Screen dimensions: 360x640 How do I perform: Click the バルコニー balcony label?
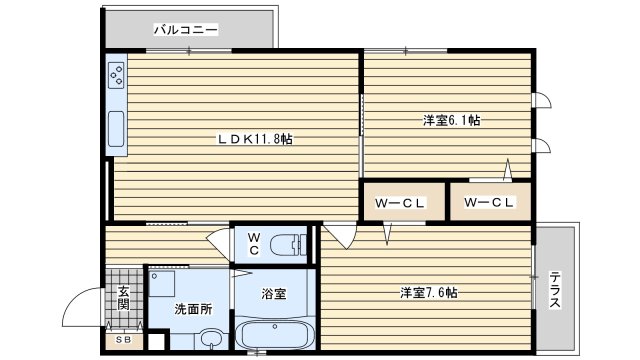[x=185, y=30]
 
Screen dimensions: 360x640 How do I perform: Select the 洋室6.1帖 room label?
[x=450, y=121]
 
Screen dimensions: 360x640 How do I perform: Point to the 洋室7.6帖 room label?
[x=429, y=293]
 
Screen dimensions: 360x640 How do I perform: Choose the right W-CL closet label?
[x=490, y=204]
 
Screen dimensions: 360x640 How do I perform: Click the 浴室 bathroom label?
[x=274, y=294]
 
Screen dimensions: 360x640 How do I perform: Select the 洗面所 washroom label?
[x=193, y=309]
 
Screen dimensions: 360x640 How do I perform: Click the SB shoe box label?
[x=123, y=340]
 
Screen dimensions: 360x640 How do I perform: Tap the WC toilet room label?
[x=254, y=243]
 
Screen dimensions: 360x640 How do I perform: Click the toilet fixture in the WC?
[x=291, y=245]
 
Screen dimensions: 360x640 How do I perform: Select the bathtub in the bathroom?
[x=275, y=333]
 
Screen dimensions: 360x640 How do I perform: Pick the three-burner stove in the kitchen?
[x=118, y=76]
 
